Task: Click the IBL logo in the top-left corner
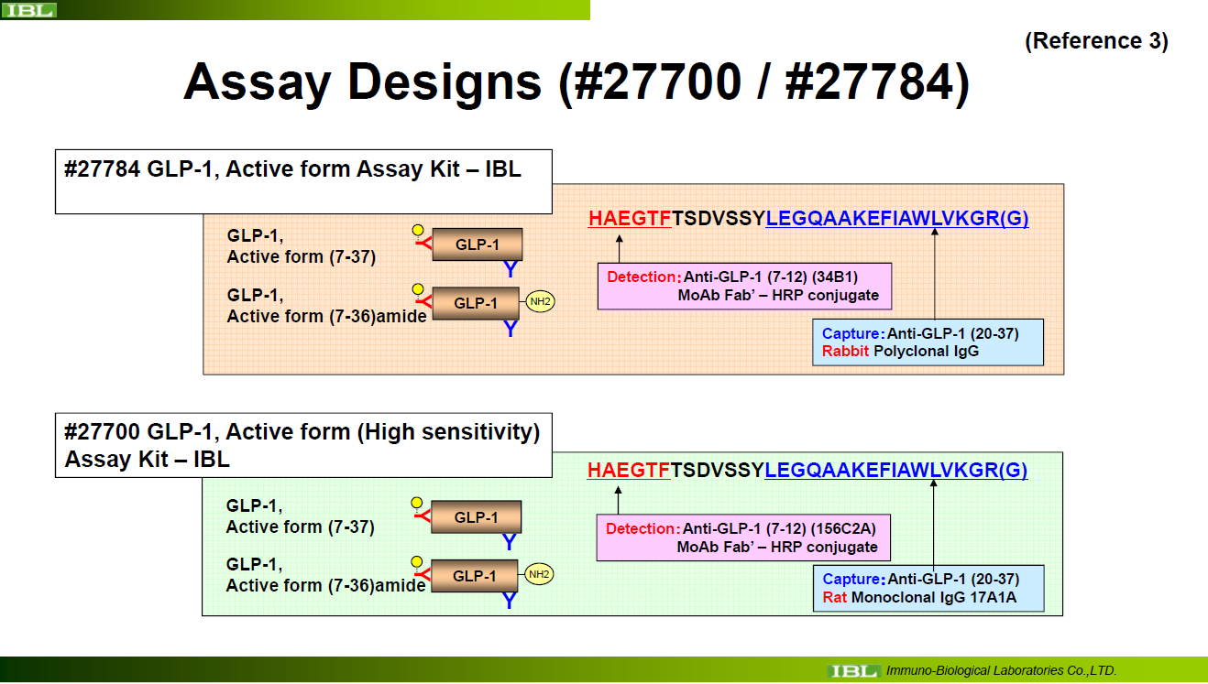click(29, 10)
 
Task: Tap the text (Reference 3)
click(1096, 41)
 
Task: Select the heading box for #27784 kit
click(303, 181)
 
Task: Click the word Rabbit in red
click(845, 351)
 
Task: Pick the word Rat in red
click(834, 597)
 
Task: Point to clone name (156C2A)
click(843, 528)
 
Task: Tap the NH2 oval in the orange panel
click(540, 301)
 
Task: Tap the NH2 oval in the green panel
click(539, 574)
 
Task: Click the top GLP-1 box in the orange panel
click(478, 244)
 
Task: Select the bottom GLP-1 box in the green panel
click(475, 576)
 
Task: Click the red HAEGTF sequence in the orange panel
click(630, 218)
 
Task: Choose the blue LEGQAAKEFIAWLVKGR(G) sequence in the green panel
click(896, 470)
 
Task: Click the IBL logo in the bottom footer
click(852, 670)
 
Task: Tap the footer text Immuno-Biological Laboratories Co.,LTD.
click(1001, 670)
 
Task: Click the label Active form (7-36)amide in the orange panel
click(327, 316)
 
